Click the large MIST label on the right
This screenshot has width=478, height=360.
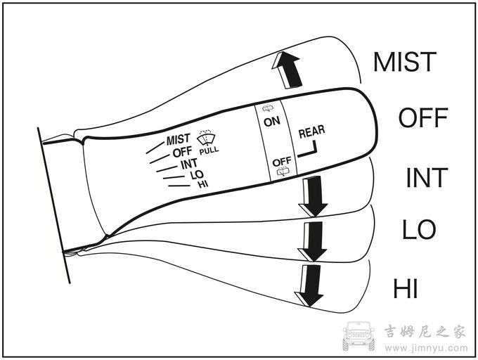(x=405, y=62)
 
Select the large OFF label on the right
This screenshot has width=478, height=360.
(x=423, y=117)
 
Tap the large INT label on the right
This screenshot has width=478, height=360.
(x=427, y=178)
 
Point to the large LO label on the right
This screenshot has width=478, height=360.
(x=419, y=229)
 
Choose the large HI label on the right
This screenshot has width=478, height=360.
(x=405, y=288)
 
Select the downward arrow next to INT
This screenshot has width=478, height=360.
(x=313, y=196)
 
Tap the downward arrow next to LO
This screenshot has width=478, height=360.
(x=312, y=241)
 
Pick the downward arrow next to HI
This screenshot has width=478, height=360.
(x=309, y=285)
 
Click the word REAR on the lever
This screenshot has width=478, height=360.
(x=311, y=131)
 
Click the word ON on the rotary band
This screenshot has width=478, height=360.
(x=272, y=122)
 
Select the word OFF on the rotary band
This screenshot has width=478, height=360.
(x=282, y=162)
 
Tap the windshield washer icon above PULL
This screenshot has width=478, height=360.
(x=206, y=138)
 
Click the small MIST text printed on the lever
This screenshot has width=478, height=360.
(x=179, y=140)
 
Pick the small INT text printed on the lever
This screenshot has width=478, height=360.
(x=189, y=164)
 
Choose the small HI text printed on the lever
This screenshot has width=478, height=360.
(x=203, y=184)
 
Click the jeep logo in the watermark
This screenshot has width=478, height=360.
(x=358, y=335)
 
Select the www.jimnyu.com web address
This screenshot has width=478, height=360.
(x=426, y=348)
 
